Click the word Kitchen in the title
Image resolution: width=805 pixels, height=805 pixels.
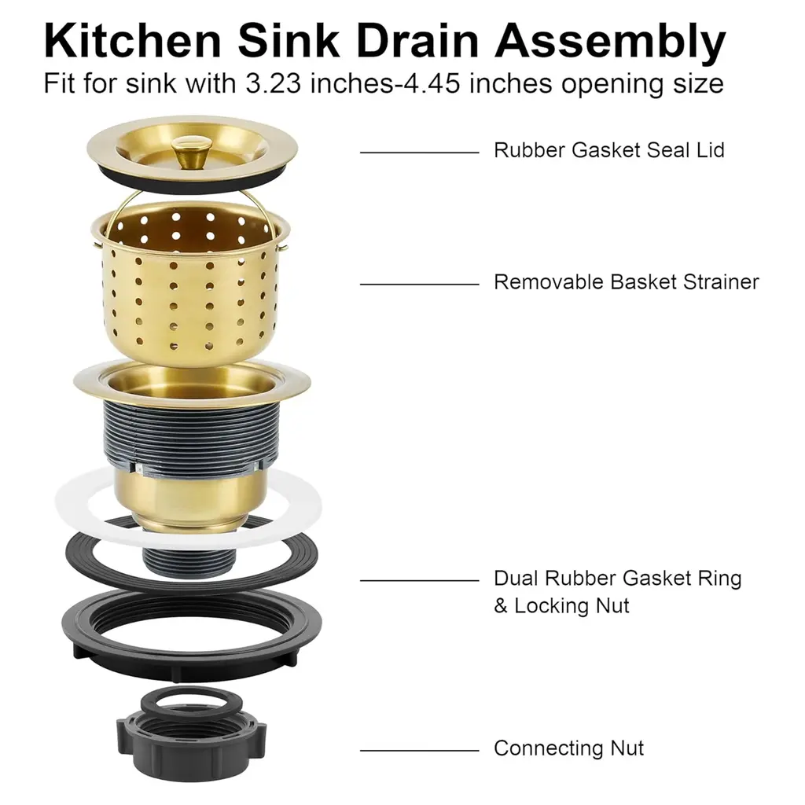point(132,41)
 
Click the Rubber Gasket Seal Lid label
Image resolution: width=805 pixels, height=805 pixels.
point(609,150)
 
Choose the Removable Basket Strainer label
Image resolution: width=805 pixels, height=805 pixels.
point(627,282)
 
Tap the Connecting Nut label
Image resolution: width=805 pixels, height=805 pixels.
point(568,748)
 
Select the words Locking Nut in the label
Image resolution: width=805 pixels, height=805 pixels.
point(572,606)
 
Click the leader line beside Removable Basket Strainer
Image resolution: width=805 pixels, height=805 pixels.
point(420,284)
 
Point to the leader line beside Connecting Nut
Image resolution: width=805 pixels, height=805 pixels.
point(420,750)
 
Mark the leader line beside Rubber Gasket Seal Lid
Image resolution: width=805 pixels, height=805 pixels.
point(420,153)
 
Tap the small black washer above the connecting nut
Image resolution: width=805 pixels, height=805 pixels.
point(192,699)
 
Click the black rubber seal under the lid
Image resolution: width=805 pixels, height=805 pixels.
point(192,182)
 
